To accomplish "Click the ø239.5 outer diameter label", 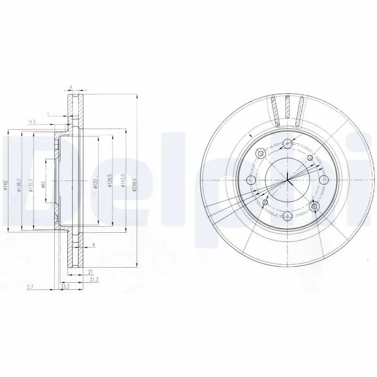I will (134, 183).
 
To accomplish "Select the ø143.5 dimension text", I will (122, 183).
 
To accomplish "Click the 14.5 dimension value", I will (32, 122).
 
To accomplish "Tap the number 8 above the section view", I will (71, 88).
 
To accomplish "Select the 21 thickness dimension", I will (90, 272).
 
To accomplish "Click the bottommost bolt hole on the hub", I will (287, 216).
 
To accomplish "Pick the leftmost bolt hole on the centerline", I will (251, 180).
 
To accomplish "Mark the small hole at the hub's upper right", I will (310, 157).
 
